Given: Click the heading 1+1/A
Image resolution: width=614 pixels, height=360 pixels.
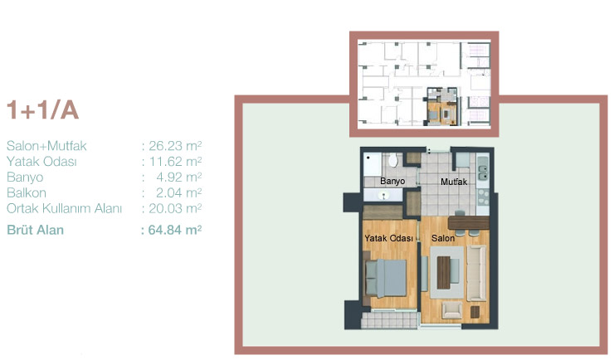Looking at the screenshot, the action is [x=42, y=110].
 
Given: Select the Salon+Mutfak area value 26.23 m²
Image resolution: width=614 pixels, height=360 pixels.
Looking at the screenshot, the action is [x=175, y=146].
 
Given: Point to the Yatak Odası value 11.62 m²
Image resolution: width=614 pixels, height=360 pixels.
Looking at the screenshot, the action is [x=175, y=162].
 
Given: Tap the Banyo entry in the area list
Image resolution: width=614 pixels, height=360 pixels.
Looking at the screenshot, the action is [x=25, y=178].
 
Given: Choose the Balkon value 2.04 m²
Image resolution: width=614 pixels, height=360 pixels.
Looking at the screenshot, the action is [x=178, y=193].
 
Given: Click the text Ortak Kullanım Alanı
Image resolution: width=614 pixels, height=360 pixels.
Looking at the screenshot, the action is [x=64, y=208].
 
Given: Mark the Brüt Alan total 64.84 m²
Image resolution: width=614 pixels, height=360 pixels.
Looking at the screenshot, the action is [x=174, y=230].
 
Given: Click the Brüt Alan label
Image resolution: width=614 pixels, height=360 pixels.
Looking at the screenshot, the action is [x=35, y=230].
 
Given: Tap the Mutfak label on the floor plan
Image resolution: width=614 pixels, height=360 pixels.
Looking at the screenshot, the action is [x=454, y=182].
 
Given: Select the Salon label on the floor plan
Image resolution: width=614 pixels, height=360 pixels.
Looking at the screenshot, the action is [x=443, y=238].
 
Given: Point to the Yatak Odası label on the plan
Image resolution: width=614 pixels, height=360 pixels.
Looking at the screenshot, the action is [x=388, y=238].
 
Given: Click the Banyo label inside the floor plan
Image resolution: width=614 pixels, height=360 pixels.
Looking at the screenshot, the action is [x=392, y=181].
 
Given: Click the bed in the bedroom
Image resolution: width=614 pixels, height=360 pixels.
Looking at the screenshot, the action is [x=386, y=279].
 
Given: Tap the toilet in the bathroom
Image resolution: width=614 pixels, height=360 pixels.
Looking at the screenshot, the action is [x=392, y=160].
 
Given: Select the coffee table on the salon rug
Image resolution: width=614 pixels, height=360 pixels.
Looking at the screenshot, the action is [x=444, y=272].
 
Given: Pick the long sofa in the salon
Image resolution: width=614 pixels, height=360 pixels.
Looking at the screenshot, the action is [x=476, y=273].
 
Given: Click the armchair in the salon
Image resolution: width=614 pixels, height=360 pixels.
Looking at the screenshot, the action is [x=451, y=310].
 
